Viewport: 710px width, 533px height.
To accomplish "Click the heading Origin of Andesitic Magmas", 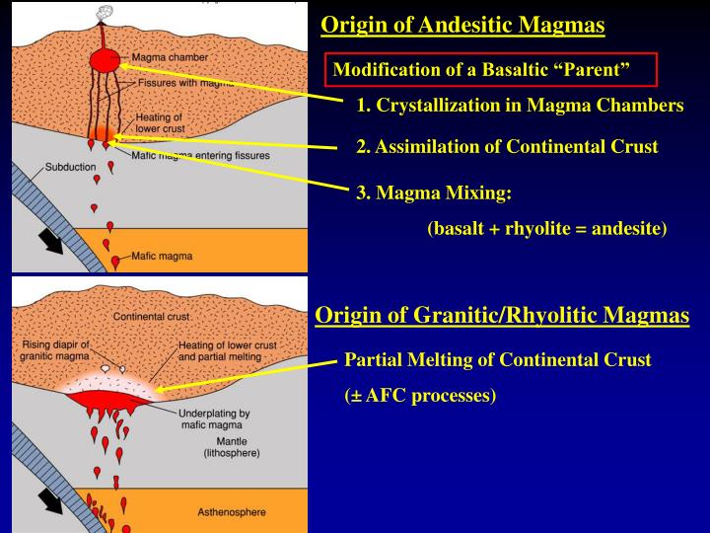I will point(462,25).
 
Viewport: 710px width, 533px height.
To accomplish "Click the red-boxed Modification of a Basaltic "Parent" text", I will point(481,69).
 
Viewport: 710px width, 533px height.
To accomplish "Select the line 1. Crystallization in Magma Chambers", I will point(520,106).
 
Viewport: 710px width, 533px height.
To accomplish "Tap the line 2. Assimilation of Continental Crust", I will point(507,147).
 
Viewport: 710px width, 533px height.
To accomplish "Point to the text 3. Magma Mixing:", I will point(434,193).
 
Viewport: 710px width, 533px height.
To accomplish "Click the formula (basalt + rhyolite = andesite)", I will point(547,229).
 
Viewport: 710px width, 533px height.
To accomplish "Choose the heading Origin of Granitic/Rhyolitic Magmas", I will point(502,316).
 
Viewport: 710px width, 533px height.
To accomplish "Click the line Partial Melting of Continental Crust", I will point(497,359).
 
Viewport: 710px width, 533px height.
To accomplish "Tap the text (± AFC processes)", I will point(420,396).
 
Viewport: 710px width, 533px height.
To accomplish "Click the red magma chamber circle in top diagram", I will point(104,61).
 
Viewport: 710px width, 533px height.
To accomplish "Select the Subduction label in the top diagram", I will point(70,167).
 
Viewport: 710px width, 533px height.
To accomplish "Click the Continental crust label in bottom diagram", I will point(152,317).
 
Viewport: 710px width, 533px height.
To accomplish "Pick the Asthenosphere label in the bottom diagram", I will point(233,512).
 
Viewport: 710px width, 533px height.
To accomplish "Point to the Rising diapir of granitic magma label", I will point(55,350).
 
